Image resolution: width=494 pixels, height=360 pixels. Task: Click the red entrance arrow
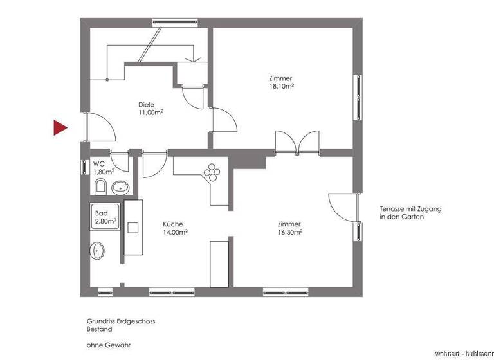coord(60,128)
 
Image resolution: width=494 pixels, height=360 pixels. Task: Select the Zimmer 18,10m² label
coord(281,82)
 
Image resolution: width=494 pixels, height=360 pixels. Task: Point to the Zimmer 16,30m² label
coord(289,228)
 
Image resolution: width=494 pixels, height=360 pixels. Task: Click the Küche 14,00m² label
coord(175,228)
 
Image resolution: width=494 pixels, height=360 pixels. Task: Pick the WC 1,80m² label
coord(103,168)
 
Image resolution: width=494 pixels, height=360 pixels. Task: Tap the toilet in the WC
coord(100,187)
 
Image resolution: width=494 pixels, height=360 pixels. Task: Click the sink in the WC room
coord(120,188)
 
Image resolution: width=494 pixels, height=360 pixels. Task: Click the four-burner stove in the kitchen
coord(212,172)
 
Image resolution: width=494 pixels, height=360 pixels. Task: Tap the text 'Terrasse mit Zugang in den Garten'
coord(410,213)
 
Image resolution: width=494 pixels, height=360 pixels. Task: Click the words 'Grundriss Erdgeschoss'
coord(120,321)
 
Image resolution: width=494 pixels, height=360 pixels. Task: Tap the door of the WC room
coord(119,161)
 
